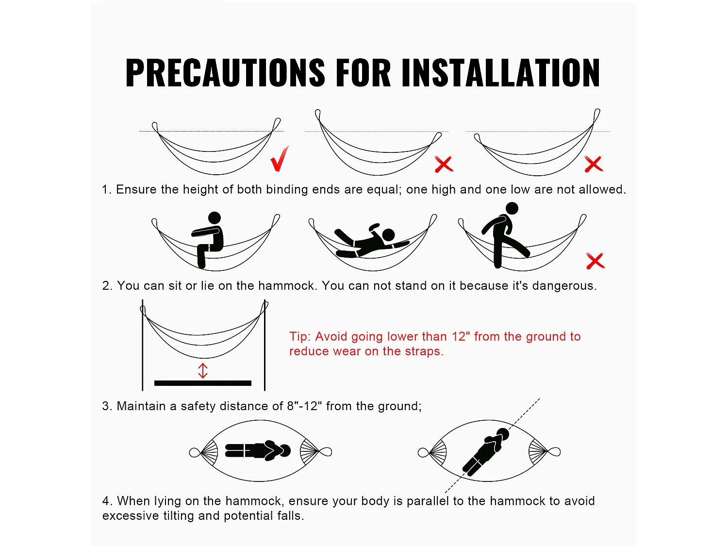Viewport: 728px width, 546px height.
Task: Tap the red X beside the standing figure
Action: [x=596, y=261]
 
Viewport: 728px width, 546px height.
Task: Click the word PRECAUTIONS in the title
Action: [x=225, y=73]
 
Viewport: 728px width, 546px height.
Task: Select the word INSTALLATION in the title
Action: [x=500, y=73]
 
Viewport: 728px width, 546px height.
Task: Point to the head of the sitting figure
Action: [x=214, y=218]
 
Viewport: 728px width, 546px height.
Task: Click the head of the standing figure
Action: [x=512, y=209]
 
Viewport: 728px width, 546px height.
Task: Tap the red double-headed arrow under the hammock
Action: [x=203, y=371]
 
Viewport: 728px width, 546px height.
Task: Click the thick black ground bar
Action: [x=203, y=383]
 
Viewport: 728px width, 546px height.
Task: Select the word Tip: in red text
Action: [x=300, y=336]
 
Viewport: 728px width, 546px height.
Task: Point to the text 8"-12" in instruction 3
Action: [x=304, y=406]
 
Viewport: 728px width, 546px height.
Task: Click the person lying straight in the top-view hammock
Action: [x=258, y=450]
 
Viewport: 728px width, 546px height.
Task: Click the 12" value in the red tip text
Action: [x=461, y=336]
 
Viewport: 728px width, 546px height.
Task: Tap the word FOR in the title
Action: [x=363, y=73]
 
